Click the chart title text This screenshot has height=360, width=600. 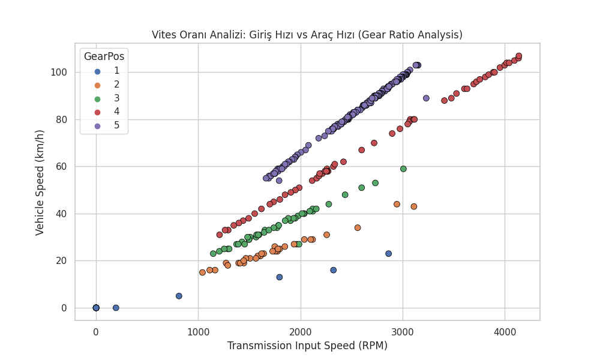[307, 35]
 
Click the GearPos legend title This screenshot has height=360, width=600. [104, 56]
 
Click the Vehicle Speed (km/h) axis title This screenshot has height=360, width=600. [40, 182]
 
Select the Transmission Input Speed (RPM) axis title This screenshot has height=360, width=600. [307, 346]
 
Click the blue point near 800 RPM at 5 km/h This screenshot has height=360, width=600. [179, 296]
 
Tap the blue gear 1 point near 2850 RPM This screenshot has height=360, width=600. [388, 254]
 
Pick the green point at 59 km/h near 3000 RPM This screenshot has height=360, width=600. [403, 169]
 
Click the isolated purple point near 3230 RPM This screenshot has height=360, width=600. [426, 98]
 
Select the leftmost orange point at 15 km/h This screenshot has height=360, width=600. [202, 272]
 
